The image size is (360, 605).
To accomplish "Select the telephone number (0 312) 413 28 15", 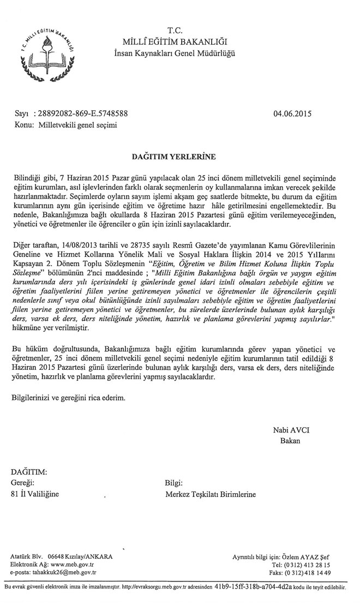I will pos(308,565).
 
